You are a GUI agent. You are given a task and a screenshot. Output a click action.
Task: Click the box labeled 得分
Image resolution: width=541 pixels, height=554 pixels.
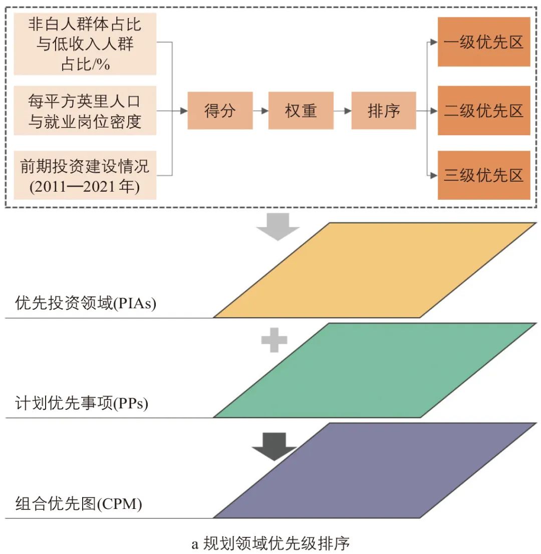(x=220, y=111)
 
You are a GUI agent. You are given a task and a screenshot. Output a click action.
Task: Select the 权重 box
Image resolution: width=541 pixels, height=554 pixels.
(x=301, y=111)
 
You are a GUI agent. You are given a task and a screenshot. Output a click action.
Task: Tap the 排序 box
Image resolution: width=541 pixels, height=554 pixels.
(x=384, y=111)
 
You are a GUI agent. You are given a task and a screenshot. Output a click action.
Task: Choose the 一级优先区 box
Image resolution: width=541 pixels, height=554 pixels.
(x=483, y=42)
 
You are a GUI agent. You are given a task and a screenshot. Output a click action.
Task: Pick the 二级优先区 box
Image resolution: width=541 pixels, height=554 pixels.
(x=483, y=111)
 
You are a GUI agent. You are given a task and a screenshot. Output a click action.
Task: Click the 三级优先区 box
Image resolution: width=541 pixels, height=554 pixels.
(x=483, y=175)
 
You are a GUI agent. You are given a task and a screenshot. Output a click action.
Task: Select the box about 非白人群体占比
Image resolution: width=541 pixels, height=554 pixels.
(x=85, y=44)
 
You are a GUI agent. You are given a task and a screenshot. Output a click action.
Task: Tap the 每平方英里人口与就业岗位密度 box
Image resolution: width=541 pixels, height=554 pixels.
(x=85, y=111)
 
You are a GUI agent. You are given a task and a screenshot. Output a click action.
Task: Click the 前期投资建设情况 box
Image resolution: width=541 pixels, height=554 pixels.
(x=85, y=175)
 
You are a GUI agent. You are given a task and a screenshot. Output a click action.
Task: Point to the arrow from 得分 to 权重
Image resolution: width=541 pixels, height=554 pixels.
(x=260, y=111)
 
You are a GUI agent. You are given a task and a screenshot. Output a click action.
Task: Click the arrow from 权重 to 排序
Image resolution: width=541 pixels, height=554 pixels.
(x=343, y=111)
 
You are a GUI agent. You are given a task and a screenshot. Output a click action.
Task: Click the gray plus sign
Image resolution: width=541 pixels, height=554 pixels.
(x=275, y=340)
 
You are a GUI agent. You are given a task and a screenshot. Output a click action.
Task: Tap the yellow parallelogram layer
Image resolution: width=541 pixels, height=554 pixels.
(x=375, y=270)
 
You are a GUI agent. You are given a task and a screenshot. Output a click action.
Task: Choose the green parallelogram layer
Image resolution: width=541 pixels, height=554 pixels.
(x=375, y=370)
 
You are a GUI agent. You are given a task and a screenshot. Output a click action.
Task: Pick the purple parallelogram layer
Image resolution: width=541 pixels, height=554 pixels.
(x=375, y=470)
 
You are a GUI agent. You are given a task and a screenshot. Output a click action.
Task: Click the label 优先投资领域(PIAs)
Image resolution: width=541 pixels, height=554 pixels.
(x=86, y=304)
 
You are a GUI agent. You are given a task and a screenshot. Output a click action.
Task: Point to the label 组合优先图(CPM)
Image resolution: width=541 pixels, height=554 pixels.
(x=79, y=503)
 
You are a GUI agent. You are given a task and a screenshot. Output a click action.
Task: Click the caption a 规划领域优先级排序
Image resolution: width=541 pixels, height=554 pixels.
(x=270, y=543)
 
